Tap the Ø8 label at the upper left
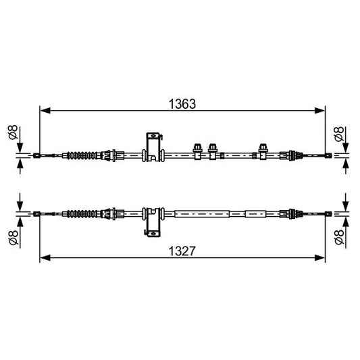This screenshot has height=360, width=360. tap(11, 134)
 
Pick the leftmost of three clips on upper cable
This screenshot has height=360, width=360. tap(199, 151)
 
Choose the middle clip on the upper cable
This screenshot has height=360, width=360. tap(213, 151)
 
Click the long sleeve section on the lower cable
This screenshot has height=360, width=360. tap(203, 214)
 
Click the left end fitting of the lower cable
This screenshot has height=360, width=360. tap(37, 214)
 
